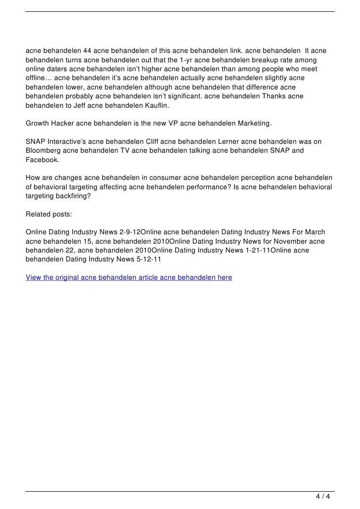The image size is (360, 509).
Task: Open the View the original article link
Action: click(x=129, y=278)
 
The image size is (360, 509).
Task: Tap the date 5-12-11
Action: click(x=145, y=260)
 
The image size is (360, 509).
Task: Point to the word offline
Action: click(x=38, y=79)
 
